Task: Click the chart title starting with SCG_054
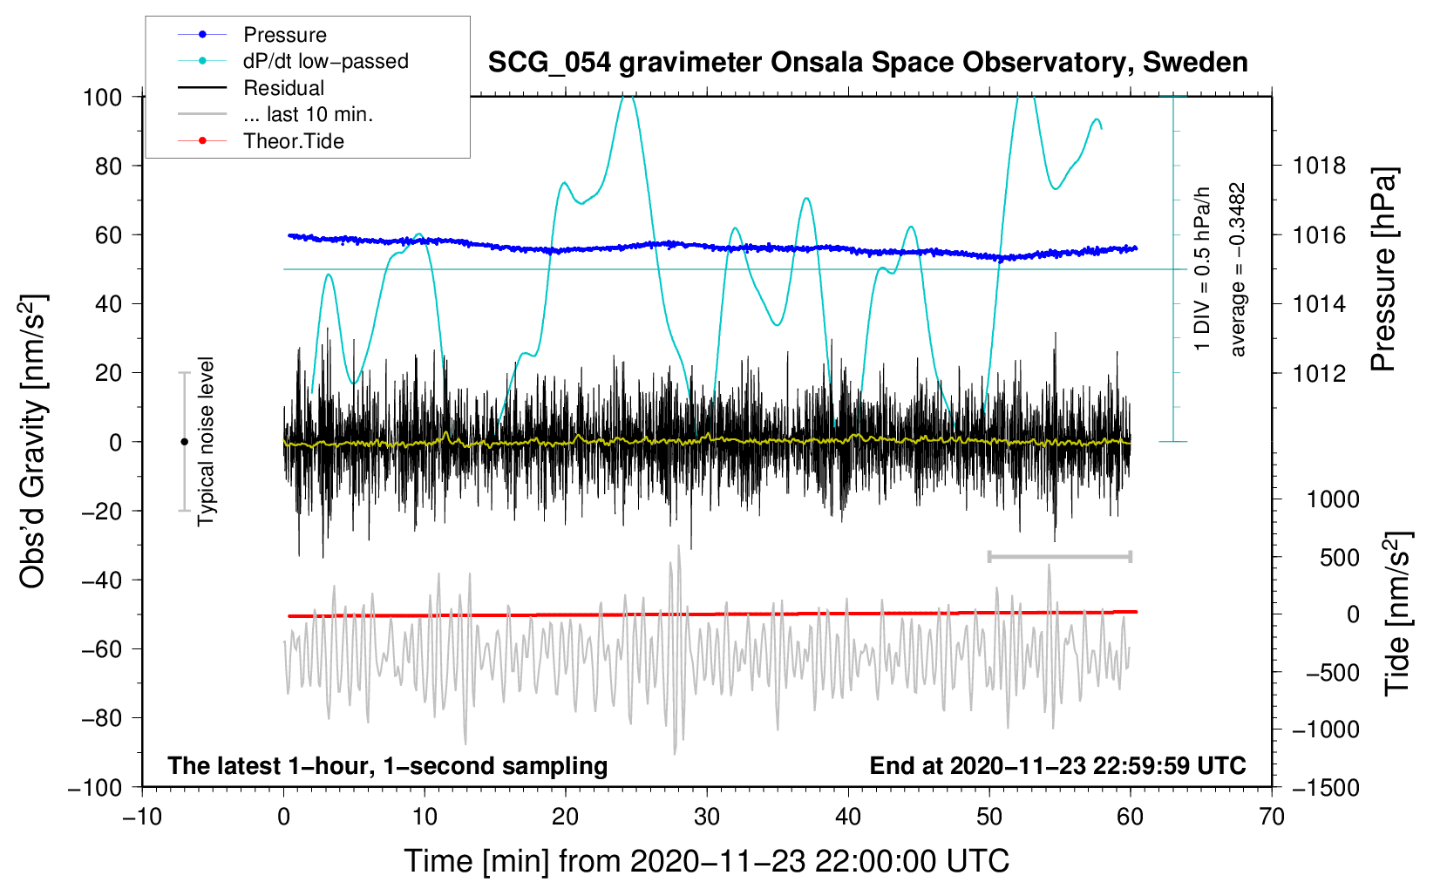pos(867,63)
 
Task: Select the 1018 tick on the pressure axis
pos(1319,166)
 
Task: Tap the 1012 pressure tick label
pos(1319,373)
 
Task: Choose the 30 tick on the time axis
pos(707,818)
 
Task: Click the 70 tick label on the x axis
pos(1271,818)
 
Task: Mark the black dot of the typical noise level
pos(184,442)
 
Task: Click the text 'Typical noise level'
pos(206,442)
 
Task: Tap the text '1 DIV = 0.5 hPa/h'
pos(1202,269)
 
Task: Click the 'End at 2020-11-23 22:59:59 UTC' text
pos(1057,765)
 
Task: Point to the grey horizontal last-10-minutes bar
pos(1059,556)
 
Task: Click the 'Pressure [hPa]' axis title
pos(1383,269)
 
